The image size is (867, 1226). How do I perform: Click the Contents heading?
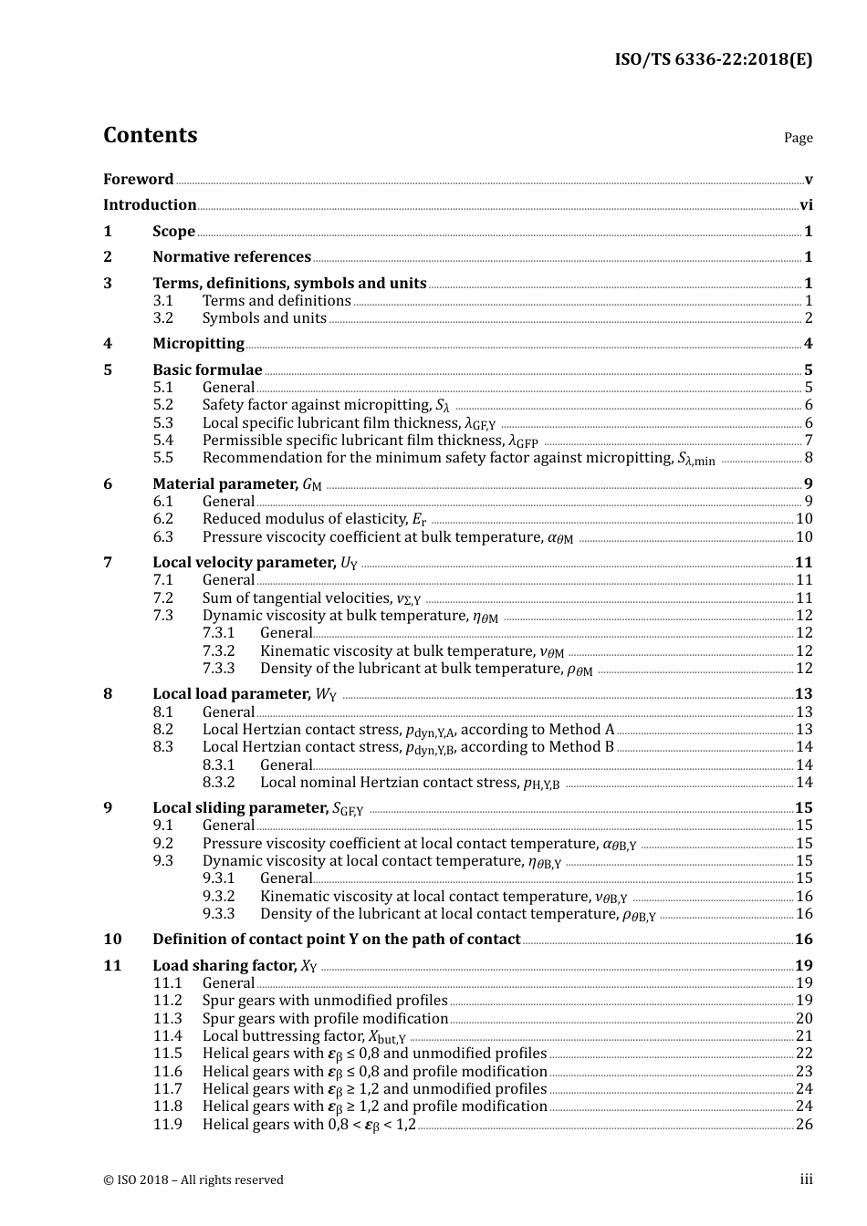[150, 135]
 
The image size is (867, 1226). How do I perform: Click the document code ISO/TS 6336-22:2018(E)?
[713, 60]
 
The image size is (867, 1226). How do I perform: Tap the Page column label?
[798, 138]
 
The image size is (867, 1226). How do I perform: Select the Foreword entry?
[138, 179]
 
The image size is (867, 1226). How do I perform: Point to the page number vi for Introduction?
[806, 205]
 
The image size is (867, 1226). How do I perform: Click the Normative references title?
[232, 257]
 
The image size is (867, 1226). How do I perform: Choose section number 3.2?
[162, 318]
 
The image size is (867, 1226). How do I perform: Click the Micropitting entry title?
[198, 344]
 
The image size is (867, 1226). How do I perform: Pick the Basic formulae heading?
[207, 370]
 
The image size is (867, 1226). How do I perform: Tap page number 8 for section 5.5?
[809, 458]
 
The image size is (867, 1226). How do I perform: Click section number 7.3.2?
[218, 651]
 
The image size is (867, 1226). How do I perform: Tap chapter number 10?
[112, 940]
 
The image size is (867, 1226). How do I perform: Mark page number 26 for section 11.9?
[804, 1125]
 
